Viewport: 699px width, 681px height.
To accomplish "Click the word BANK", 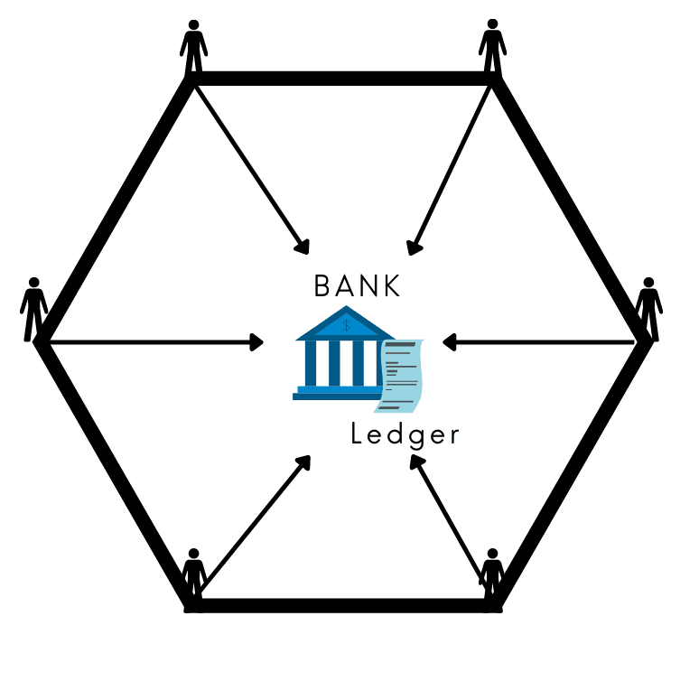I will pos(357,286).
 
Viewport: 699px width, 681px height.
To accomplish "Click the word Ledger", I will pos(405,435).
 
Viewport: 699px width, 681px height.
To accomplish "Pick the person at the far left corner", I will pos(34,307).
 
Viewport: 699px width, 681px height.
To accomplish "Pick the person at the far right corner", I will pos(648,307).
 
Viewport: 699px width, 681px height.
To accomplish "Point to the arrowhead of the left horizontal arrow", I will pos(256,342).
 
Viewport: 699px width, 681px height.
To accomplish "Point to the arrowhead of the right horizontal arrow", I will pos(449,342).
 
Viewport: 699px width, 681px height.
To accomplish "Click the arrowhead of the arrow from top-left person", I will pos(303,245).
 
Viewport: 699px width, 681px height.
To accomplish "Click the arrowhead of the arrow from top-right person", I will pos(414,246).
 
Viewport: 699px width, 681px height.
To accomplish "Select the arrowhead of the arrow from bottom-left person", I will pos(303,462).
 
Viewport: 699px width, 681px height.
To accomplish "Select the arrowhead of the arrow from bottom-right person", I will pos(416,462).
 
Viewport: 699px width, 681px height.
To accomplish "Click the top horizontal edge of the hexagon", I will pos(343,79).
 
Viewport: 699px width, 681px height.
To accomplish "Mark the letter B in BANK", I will pos(322,286).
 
